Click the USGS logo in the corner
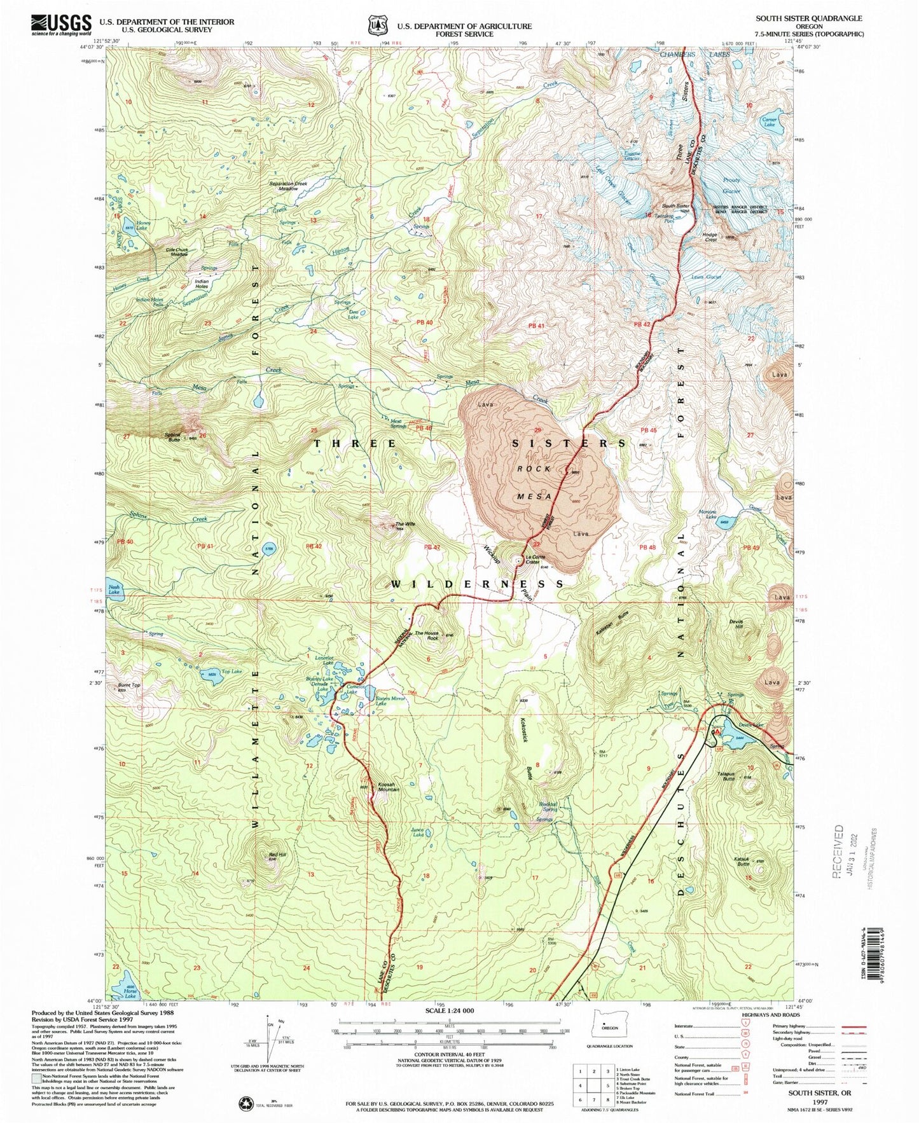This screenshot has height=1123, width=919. point(60,24)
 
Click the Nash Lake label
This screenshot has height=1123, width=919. point(114,589)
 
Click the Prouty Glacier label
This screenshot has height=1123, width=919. point(731,186)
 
